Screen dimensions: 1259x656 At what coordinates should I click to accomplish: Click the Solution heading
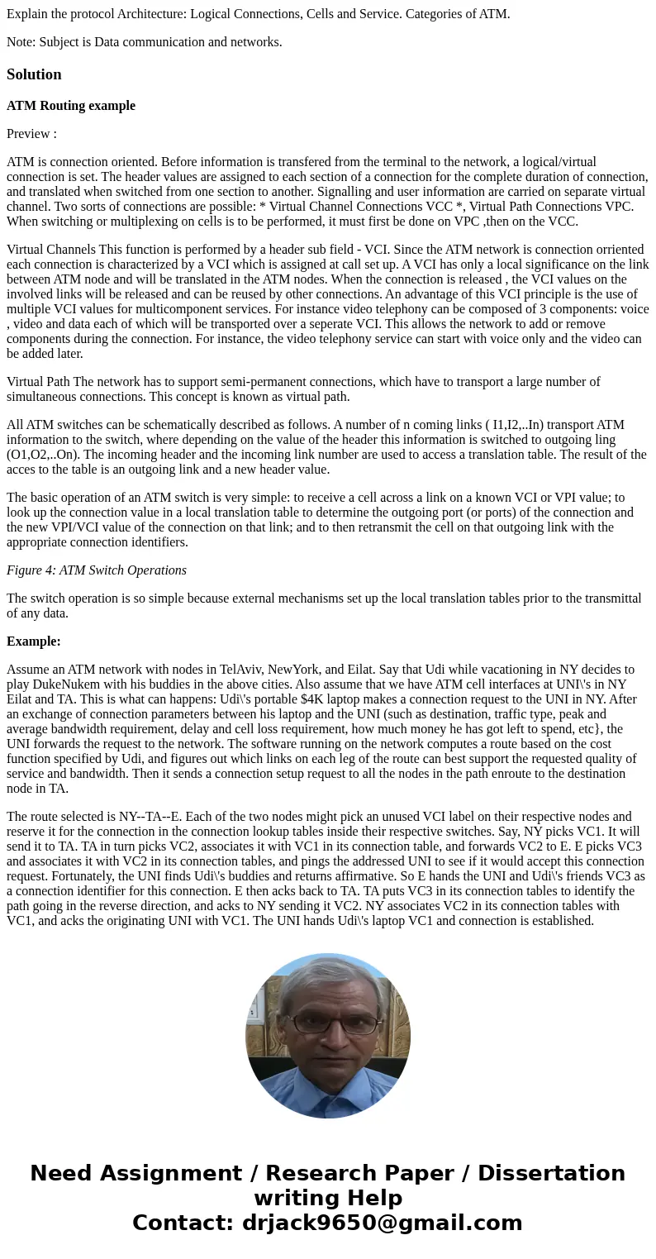coord(34,74)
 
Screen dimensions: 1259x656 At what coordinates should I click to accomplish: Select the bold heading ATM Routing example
coord(71,106)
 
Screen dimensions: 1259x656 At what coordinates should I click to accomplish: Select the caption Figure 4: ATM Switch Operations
coord(97,570)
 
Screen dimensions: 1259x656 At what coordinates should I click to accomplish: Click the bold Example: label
coord(34,641)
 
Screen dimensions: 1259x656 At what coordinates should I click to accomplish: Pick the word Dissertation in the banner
coord(551,1173)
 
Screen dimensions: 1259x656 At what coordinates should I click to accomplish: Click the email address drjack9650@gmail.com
coord(383,1223)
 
